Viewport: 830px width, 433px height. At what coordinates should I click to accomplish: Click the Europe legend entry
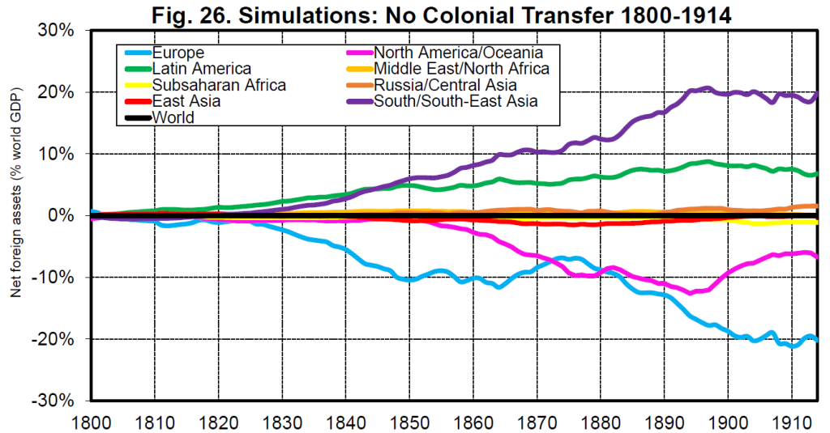178,53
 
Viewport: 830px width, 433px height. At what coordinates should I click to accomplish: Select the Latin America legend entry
201,69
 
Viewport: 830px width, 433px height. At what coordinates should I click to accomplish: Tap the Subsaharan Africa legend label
219,85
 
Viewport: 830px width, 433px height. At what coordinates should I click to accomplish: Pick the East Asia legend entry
186,101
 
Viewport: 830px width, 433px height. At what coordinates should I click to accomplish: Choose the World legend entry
173,117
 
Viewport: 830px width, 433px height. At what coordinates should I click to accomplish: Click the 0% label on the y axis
63,216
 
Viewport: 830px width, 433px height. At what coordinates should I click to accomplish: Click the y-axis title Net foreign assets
15,215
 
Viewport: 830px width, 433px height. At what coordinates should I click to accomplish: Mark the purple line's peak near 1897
708,88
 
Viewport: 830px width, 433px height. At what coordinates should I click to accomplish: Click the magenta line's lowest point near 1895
691,292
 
